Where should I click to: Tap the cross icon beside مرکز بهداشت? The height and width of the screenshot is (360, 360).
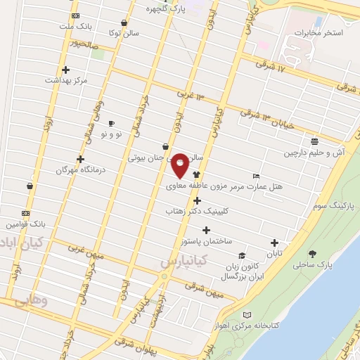click(x=66, y=70)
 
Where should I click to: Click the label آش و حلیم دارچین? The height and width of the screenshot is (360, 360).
click(x=312, y=152)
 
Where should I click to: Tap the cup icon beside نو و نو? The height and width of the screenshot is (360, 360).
click(x=111, y=123)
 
